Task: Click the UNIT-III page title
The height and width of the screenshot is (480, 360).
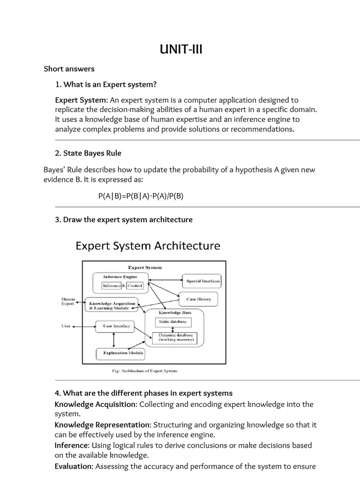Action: pyautogui.click(x=180, y=49)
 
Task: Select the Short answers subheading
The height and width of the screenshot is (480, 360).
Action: pyautogui.click(x=69, y=69)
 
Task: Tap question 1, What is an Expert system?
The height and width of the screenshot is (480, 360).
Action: pyautogui.click(x=105, y=84)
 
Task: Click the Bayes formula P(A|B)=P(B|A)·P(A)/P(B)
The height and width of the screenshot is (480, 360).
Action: pyautogui.click(x=141, y=196)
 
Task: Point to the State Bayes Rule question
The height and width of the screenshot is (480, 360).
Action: pyautogui.click(x=89, y=153)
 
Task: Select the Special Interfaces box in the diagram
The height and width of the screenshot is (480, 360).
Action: pyautogui.click(x=203, y=281)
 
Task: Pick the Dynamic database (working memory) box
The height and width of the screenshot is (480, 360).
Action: pyautogui.click(x=175, y=337)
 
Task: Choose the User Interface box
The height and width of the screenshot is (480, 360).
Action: pyautogui.click(x=115, y=325)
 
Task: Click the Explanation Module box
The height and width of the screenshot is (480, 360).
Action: pyautogui.click(x=120, y=352)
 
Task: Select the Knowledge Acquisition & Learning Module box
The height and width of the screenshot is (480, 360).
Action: pyautogui.click(x=112, y=306)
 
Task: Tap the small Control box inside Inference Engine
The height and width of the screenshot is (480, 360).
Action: pyautogui.click(x=134, y=285)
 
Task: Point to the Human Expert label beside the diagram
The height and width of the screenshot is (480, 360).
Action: pyautogui.click(x=68, y=301)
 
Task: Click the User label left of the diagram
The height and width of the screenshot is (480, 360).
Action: pyautogui.click(x=66, y=326)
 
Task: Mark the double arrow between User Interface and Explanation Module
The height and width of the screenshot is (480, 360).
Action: pyautogui.click(x=113, y=339)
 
